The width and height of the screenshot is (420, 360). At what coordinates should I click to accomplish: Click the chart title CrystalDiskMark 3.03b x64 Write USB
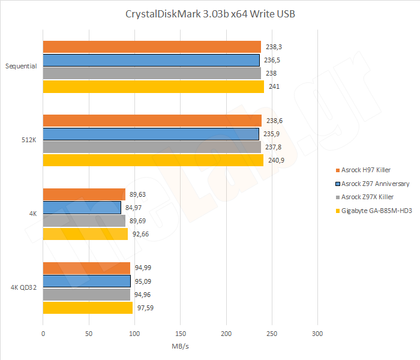210,14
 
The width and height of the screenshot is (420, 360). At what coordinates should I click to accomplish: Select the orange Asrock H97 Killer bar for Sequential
152,47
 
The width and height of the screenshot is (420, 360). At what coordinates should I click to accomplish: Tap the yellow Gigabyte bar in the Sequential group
153,86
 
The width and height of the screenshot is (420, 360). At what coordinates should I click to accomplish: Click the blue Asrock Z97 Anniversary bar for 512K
151,134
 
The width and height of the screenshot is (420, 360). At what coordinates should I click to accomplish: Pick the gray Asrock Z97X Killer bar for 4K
84,221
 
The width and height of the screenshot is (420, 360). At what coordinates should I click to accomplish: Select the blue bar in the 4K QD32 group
86,281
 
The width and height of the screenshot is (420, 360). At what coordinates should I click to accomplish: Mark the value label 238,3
275,47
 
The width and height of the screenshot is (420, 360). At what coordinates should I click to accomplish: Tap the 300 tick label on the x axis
318,333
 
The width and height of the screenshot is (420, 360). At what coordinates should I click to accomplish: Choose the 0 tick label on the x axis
43,333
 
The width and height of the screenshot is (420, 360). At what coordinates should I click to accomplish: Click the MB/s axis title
180,346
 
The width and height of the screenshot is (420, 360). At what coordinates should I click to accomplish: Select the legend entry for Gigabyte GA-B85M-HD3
374,210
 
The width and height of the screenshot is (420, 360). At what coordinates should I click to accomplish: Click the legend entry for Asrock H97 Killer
365,170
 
